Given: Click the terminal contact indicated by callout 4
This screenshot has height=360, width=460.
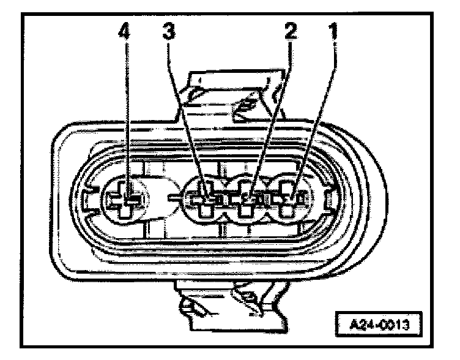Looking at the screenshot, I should pos(127,198).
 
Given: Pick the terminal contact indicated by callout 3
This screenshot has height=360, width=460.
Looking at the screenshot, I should pos(206,198).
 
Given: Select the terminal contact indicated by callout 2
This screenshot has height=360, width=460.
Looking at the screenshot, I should pos(248,198).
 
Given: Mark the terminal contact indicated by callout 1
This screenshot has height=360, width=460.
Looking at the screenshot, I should pos(290,198).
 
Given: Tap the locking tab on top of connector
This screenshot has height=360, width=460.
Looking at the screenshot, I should pos(236,92).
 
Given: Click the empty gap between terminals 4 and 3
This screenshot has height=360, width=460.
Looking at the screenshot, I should pos(166,197).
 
